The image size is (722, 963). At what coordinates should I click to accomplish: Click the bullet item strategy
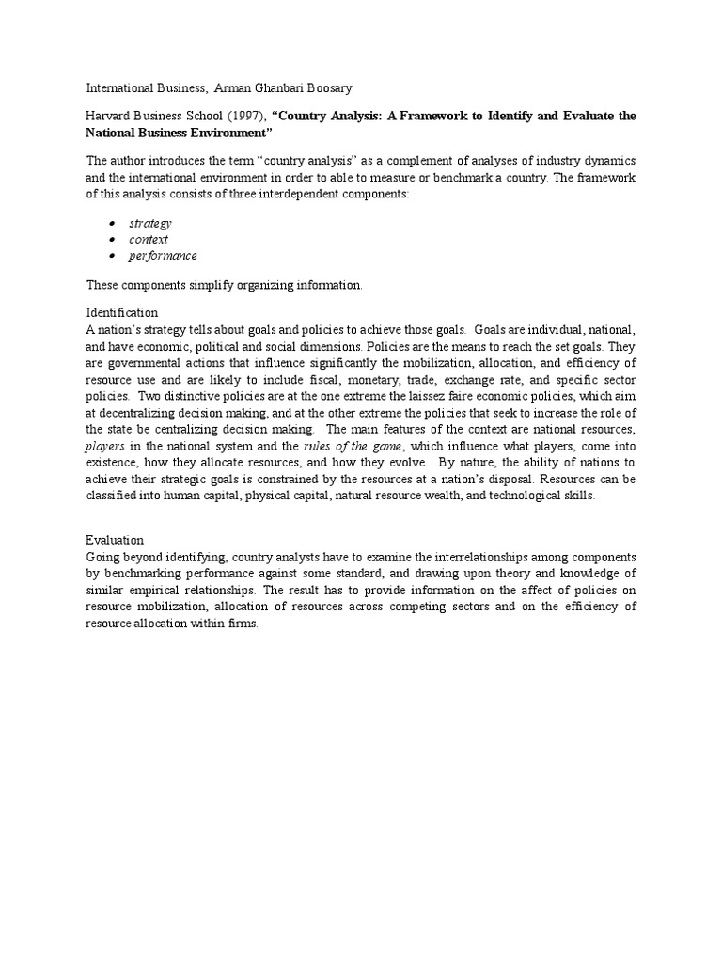click(x=150, y=223)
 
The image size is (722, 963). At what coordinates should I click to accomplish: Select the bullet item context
click(x=149, y=239)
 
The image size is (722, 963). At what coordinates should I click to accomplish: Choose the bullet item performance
click(x=163, y=255)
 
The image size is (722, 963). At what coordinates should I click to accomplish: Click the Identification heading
click(x=122, y=312)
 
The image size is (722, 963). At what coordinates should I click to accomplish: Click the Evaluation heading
click(x=115, y=540)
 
